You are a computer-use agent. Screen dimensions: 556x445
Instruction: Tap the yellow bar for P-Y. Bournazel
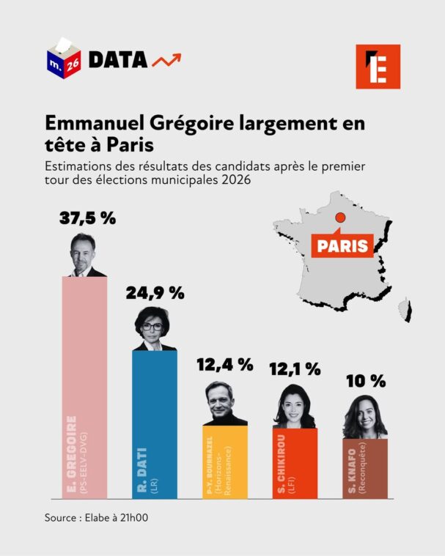click(225, 462)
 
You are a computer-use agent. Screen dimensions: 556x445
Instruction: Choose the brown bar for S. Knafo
click(364, 469)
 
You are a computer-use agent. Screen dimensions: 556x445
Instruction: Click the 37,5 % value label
click(88, 218)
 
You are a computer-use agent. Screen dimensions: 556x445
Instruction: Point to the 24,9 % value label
click(155, 293)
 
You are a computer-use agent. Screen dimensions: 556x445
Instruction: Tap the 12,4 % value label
click(224, 364)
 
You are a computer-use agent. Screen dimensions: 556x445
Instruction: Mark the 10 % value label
click(364, 381)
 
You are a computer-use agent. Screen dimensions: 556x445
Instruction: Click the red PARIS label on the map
click(342, 245)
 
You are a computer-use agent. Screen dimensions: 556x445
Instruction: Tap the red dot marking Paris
click(339, 217)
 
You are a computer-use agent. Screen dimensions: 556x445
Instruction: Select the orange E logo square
click(378, 66)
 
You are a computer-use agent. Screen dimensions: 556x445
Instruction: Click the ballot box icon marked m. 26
click(65, 58)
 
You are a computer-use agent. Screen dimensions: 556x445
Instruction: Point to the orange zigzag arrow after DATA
click(166, 60)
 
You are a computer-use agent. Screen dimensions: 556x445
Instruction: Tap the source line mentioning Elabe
click(95, 517)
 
